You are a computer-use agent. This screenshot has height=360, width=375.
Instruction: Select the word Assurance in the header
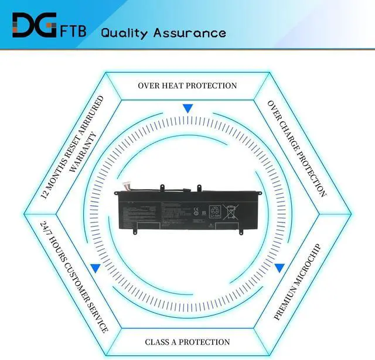pos(189,32)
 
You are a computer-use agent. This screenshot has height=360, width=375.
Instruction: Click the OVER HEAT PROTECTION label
pos(187,85)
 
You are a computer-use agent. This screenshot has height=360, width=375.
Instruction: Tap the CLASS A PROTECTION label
pos(187,342)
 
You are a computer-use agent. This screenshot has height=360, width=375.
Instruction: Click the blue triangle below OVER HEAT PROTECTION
pos(187,108)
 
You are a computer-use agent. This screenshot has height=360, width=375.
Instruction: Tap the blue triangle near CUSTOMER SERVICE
pos(94,268)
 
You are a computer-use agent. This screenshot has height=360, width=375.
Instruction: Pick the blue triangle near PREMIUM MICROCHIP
pos(280,268)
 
